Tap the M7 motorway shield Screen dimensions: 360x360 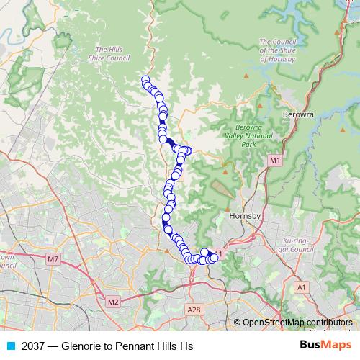click(x=53, y=258)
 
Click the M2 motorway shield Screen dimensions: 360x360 click(x=112, y=302)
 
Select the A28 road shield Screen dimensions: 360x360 click(x=192, y=310)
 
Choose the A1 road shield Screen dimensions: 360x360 click(x=302, y=287)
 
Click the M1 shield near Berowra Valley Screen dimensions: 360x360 click(x=274, y=160)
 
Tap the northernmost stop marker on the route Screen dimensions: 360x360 click(x=145, y=80)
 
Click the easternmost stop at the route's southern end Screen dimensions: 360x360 click(x=214, y=258)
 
